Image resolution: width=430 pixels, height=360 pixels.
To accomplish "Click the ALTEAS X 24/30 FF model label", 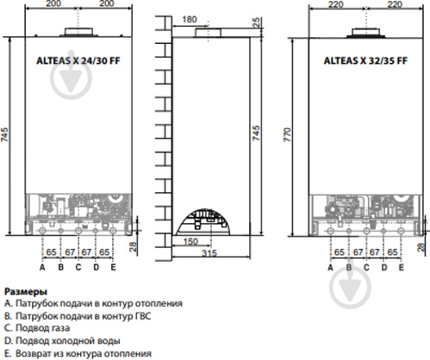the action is tap(78, 60).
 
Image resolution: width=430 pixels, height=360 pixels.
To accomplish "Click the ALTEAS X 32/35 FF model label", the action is tap(365, 60).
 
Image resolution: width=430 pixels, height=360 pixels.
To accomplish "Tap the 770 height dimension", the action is tap(288, 134).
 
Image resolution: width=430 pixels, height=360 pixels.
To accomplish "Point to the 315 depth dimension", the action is tap(209, 253).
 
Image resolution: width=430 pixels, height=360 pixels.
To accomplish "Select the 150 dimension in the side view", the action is tap(190, 241).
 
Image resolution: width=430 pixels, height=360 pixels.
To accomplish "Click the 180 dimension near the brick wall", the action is tap(190, 20).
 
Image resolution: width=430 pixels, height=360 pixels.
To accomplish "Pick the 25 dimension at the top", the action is tap(256, 22).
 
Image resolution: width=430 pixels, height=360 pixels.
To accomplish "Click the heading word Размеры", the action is tap(26, 292).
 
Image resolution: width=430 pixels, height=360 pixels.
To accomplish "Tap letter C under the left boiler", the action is tap(78, 267).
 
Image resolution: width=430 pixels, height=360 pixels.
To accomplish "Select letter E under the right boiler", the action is tap(402, 267).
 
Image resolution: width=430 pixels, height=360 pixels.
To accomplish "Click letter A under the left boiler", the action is tap(42, 267).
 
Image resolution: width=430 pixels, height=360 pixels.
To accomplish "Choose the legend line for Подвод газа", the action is tap(37, 328).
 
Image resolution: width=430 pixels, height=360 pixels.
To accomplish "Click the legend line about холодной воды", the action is tap(62, 341).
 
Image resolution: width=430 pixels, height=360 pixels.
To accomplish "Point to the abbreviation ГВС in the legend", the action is tap(143, 316).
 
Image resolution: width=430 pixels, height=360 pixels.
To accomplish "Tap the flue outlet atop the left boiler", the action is tap(78, 32).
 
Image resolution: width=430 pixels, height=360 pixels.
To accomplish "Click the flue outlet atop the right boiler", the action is tap(365, 33).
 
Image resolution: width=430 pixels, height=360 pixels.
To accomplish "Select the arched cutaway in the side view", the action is tap(203, 222).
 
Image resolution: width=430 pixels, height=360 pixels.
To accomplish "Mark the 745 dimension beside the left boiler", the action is tap(4, 134).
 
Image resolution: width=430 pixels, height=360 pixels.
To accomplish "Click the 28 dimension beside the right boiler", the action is tap(421, 247).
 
